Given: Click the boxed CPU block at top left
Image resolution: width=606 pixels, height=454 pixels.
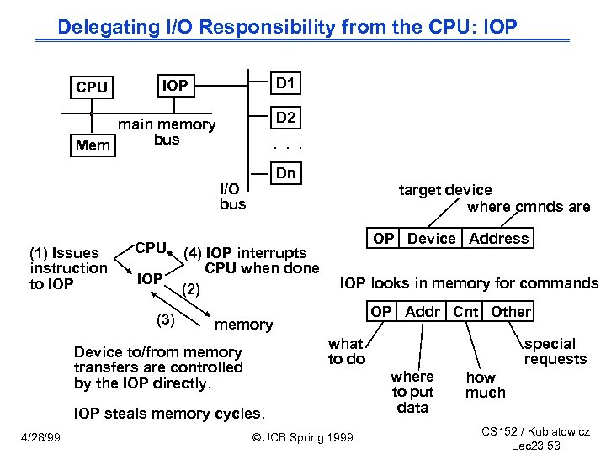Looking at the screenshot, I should click(x=91, y=87).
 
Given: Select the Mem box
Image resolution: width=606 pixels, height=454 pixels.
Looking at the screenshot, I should click(x=93, y=145).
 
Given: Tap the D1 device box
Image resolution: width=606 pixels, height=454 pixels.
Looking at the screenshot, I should click(x=286, y=83).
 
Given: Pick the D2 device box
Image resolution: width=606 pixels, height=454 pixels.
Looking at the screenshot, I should click(x=286, y=118).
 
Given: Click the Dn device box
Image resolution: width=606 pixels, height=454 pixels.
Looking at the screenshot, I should click(x=286, y=173).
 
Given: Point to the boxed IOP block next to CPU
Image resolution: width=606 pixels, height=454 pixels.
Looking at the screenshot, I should click(x=175, y=85).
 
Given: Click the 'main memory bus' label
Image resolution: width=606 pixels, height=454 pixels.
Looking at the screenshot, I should click(x=167, y=132).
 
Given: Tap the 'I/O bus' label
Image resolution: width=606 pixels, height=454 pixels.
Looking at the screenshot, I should click(x=232, y=197).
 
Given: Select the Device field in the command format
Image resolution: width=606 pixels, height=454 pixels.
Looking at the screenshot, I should click(x=431, y=239).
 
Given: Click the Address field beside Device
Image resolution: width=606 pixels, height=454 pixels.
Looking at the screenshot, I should click(x=499, y=239).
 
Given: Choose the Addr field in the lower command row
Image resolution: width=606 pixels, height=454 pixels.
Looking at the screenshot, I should click(x=423, y=312).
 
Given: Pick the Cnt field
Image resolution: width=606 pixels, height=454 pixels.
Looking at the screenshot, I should click(x=465, y=312).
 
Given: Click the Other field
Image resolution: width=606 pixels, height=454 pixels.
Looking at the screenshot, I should click(x=511, y=312).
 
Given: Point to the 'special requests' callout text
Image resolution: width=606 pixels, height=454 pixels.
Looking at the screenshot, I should click(x=555, y=351).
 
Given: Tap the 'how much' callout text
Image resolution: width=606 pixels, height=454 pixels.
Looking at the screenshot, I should click(x=486, y=385).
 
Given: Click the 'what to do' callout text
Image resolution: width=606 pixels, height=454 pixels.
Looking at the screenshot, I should click(x=346, y=351).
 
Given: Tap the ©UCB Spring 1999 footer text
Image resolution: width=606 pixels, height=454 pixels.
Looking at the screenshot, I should click(x=303, y=437).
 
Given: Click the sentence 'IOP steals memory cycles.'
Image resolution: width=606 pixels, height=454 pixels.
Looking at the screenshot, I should click(x=169, y=414).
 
